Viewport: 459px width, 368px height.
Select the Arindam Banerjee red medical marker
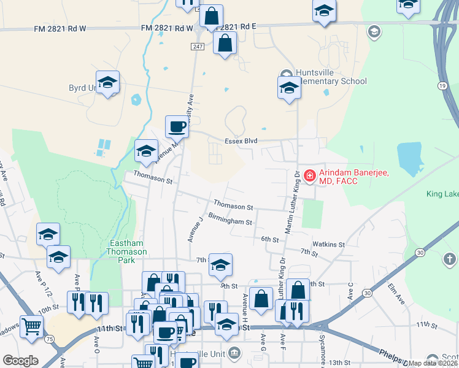click(x=309, y=175)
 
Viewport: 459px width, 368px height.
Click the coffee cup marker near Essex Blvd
click(x=177, y=126)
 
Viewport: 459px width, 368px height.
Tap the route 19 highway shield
click(x=442, y=86)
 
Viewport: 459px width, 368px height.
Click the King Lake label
click(x=442, y=194)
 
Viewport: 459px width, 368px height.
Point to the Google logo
click(x=20, y=361)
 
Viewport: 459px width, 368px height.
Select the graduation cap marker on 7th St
click(x=220, y=264)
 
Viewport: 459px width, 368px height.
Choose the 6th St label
click(x=270, y=239)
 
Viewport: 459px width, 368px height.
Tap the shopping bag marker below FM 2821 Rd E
click(x=225, y=43)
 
